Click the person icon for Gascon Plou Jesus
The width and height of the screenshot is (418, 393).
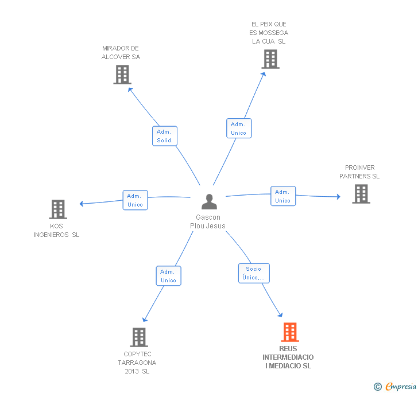(209, 202)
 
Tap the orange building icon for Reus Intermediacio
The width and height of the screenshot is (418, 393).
(290, 332)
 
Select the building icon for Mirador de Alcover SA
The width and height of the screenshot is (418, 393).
(122, 75)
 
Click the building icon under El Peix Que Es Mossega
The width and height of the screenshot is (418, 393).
(270, 59)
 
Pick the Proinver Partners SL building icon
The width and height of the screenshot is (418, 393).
(361, 194)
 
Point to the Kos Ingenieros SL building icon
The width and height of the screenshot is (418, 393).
(58, 209)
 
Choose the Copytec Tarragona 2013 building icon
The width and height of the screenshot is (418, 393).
(140, 337)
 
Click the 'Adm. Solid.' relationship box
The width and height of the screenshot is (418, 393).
(165, 136)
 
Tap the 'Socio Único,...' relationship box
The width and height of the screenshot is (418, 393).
(254, 273)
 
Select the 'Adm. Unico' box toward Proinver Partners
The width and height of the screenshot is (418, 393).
(282, 196)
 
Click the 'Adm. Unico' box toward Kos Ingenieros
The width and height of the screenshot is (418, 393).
(135, 200)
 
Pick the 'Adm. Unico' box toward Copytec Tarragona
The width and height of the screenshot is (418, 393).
(168, 276)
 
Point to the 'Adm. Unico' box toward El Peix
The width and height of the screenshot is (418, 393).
(238, 129)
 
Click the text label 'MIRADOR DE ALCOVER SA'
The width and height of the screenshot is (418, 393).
(121, 53)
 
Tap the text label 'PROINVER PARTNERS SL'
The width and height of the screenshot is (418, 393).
(359, 172)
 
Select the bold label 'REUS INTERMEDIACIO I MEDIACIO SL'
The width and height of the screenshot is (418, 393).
(288, 357)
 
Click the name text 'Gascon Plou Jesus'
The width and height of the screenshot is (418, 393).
(208, 221)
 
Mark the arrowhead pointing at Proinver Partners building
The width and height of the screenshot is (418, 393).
(338, 197)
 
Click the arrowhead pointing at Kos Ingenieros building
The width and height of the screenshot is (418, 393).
(82, 204)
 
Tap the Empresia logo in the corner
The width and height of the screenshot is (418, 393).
(395, 387)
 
